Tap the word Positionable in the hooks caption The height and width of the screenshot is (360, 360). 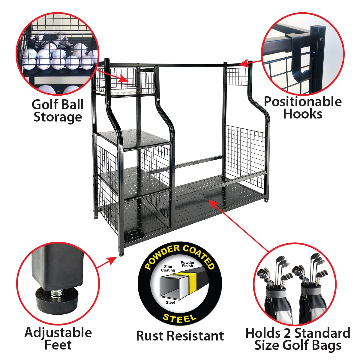302,102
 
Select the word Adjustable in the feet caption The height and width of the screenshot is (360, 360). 58,333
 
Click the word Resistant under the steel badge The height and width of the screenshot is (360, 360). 199,336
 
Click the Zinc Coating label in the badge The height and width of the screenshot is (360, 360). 168,268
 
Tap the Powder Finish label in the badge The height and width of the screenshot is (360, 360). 187,264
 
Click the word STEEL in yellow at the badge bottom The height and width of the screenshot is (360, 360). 179,318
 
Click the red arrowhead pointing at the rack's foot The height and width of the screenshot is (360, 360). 113,260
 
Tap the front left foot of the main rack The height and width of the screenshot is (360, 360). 121,254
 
